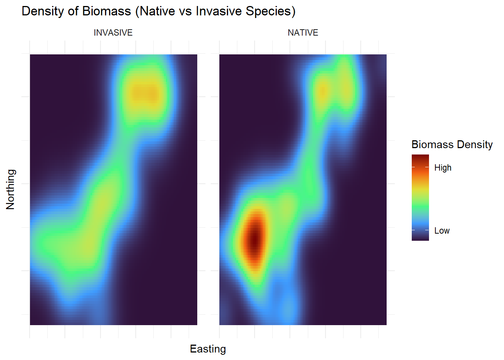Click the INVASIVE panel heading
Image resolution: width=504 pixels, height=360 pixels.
pos(113,33)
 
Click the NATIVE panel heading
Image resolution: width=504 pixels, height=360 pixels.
pos(303,33)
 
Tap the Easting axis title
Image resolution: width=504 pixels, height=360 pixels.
pos(208,349)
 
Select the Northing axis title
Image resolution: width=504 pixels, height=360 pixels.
pos(10,189)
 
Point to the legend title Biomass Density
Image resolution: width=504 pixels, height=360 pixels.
pos(452,144)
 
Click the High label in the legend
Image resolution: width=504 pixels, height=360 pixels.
pos(443,168)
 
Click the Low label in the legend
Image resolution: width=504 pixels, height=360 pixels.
pos(442,231)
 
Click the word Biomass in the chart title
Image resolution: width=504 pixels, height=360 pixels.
pos(106,11)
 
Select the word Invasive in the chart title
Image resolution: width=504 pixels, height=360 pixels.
pos(219,11)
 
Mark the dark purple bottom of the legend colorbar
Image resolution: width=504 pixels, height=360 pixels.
pos(420,238)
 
